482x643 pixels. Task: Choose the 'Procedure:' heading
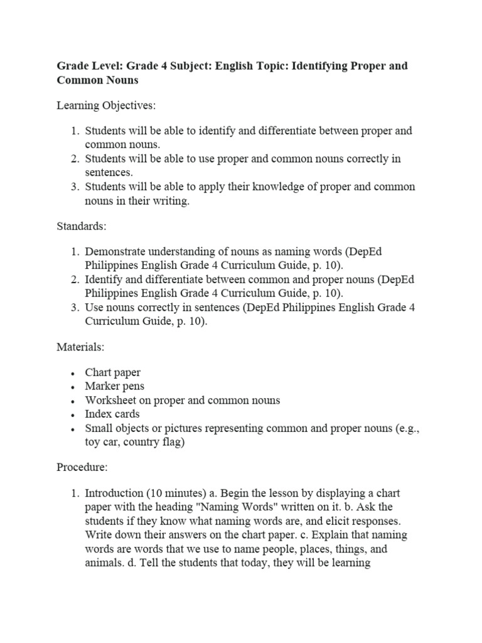point(82,467)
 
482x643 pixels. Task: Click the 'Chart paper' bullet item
point(113,372)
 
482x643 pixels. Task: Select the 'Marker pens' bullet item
point(114,386)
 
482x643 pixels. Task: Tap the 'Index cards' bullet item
point(112,414)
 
